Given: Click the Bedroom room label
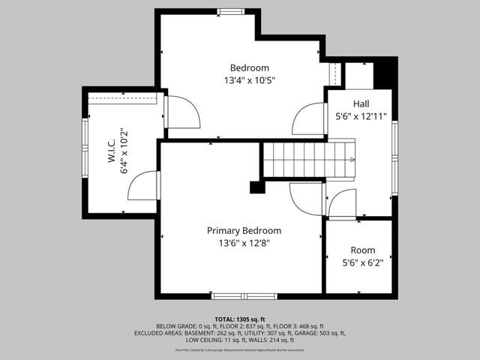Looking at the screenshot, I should (244, 67).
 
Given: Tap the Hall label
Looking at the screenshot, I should (361, 103).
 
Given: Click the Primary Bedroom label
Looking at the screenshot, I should (244, 231).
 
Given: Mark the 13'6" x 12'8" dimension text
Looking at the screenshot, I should (244, 243).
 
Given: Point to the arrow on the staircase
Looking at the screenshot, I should (351, 160).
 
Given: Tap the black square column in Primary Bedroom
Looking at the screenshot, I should (257, 187).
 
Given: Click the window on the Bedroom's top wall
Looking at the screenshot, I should (229, 10).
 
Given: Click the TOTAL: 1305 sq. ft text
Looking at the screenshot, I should (240, 318).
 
